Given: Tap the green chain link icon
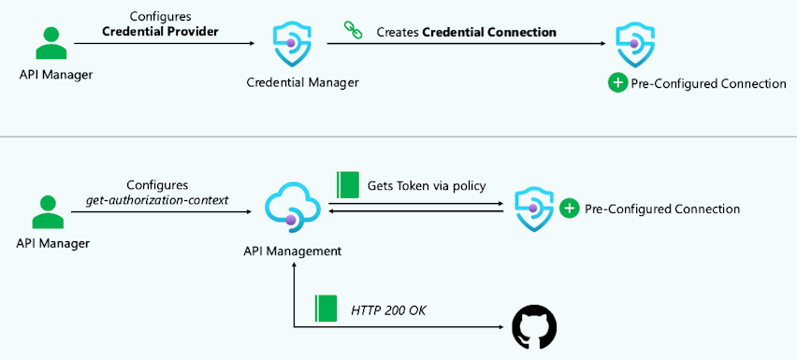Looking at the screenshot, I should click(x=353, y=30).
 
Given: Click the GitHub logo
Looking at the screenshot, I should click(x=534, y=328).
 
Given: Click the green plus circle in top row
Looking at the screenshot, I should click(x=617, y=83).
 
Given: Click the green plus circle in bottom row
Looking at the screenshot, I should click(x=569, y=209).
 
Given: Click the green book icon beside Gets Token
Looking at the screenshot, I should click(x=348, y=184).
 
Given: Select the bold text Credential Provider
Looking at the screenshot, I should click(x=161, y=31).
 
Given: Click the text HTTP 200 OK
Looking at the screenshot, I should click(x=387, y=310).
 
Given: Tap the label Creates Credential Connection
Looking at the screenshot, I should click(x=466, y=32).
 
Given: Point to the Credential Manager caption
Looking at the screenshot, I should click(x=302, y=82).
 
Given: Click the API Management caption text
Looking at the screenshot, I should click(x=292, y=251).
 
